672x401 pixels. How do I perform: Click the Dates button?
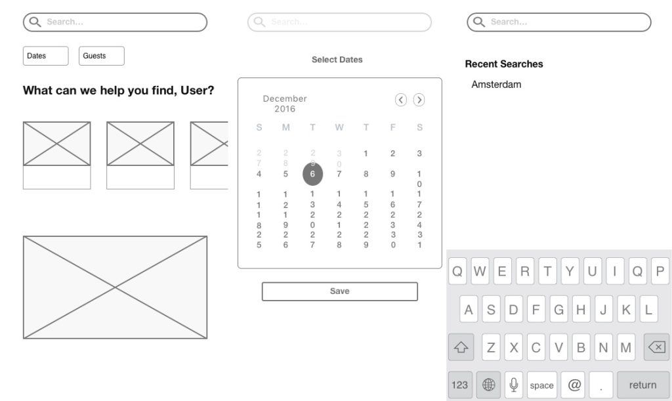[x=45, y=56]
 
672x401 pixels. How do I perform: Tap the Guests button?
[x=102, y=56]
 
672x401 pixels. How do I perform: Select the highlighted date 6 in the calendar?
[x=312, y=174]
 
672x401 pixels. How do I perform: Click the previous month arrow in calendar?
[x=401, y=100]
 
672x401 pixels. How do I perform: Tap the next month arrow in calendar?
[x=419, y=100]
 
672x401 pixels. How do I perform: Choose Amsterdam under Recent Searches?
[x=496, y=85]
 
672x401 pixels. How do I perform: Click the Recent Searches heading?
[x=504, y=64]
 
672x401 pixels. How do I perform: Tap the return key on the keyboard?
[x=642, y=385]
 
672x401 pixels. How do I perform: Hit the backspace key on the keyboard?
[x=656, y=347]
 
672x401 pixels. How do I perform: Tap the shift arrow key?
[x=461, y=347]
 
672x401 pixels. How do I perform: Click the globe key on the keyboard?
[x=488, y=385]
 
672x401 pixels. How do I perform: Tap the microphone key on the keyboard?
[x=514, y=385]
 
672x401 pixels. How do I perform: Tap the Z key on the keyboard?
[x=491, y=347]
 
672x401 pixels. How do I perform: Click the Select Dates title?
[x=337, y=60]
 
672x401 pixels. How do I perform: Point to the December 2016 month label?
[x=285, y=104]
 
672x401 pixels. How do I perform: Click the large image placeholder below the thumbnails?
[x=115, y=287]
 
